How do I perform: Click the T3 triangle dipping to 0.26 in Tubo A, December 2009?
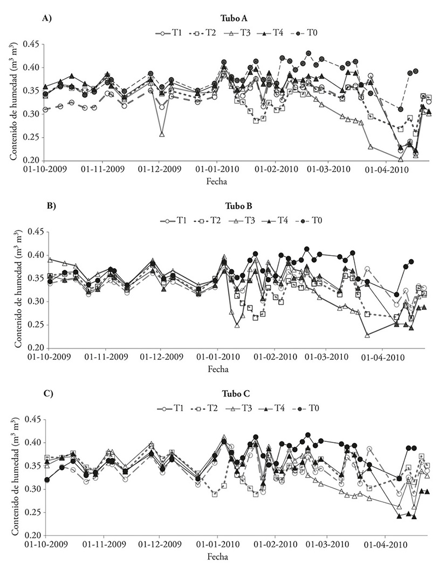(x=162, y=134)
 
